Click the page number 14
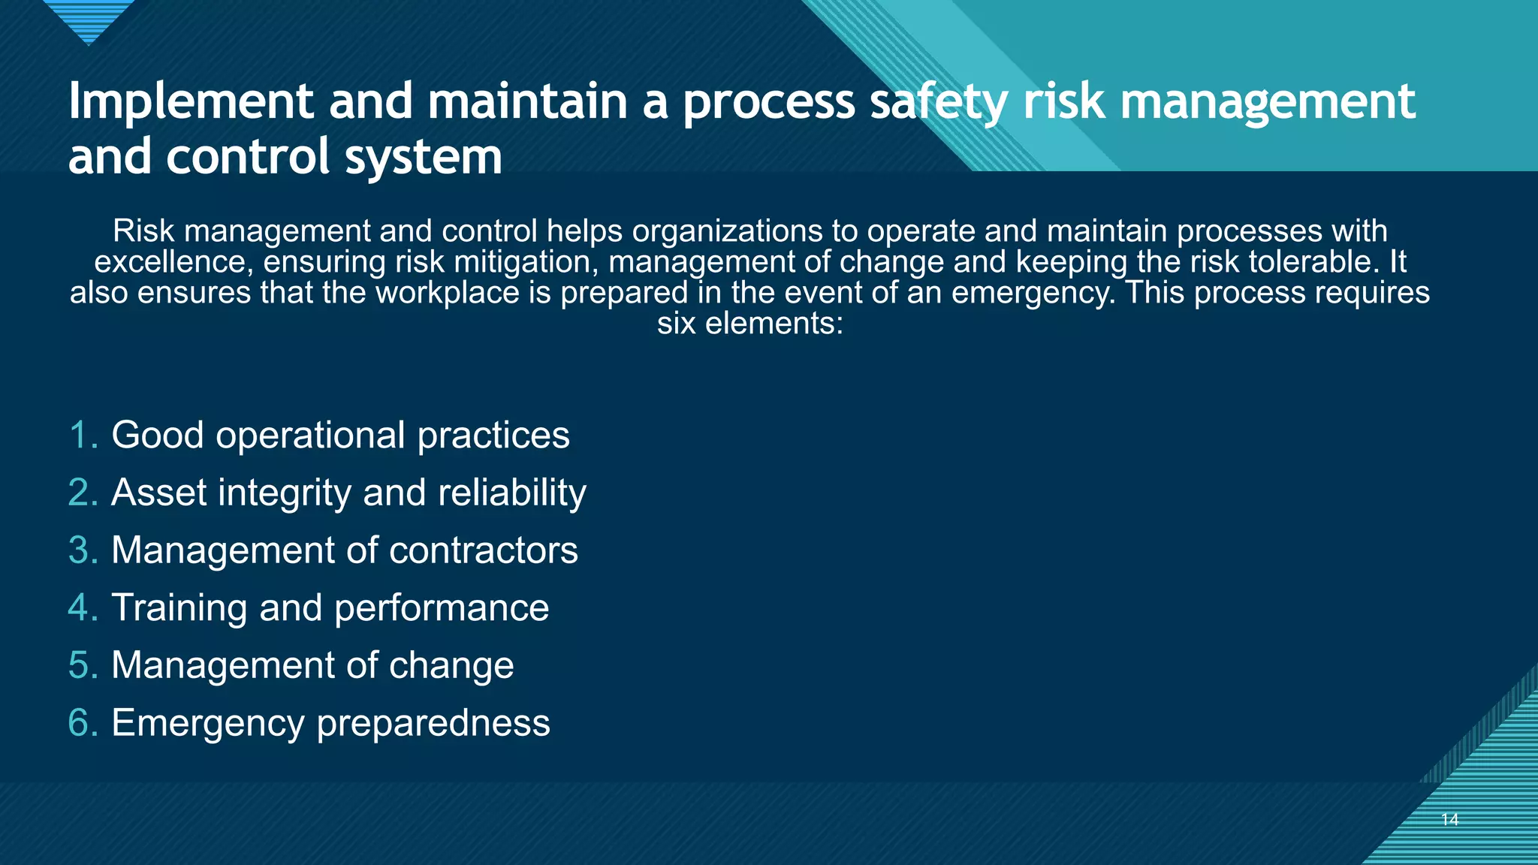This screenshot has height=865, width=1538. coord(1449,819)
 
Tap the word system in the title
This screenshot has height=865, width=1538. coord(423,157)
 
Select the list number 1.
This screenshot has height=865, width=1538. coord(82,436)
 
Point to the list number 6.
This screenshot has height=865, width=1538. coord(82,723)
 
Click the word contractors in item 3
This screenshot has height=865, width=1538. coord(483,550)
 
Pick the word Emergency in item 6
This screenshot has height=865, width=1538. coord(207,723)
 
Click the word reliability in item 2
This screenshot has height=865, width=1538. coord(511,493)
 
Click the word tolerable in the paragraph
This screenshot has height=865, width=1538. coord(1313,262)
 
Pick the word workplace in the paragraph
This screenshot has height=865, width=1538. coord(447,293)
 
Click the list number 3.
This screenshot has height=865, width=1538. coord(82,550)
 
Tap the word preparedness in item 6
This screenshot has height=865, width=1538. coord(433,724)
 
